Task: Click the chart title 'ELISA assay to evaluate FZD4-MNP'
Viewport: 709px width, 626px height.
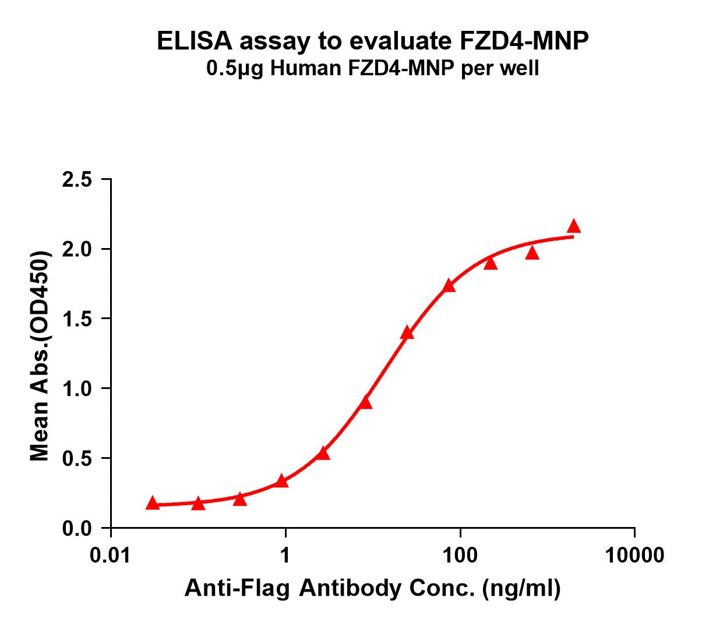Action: pos(373,41)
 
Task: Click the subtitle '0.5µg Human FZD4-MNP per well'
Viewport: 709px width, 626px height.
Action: pos(373,69)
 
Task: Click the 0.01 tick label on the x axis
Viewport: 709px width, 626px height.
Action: pos(111,555)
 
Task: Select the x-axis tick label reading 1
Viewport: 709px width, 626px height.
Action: pos(285,555)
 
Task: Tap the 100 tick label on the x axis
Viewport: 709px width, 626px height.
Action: pos(460,555)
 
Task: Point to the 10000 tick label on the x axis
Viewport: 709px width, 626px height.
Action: pos(634,555)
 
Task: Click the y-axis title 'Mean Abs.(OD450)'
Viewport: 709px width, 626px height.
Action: pos(40,356)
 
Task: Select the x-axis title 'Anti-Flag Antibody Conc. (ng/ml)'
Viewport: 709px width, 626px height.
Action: pos(373,589)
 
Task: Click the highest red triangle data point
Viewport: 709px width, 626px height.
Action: pos(574,226)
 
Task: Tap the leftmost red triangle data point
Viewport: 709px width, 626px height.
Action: pos(153,503)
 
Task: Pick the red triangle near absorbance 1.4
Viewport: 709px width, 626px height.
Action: pos(407,333)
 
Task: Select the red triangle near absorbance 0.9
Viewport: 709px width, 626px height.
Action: pos(366,402)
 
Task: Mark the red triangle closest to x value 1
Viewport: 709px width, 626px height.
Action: pos(282,481)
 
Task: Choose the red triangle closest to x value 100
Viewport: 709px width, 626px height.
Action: pos(449,285)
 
